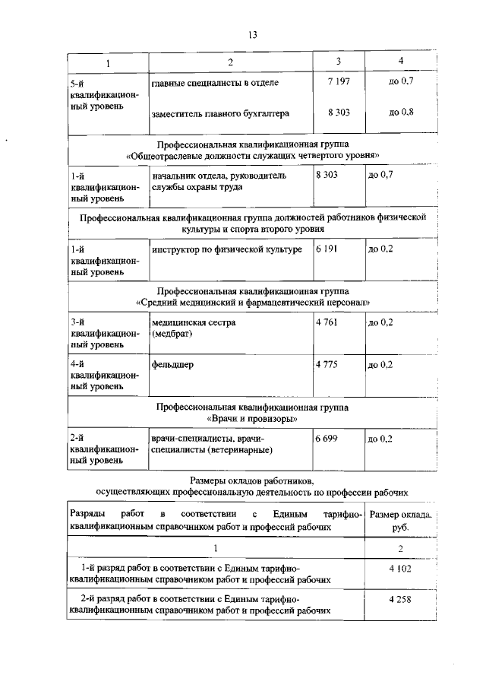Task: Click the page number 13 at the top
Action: tap(253, 33)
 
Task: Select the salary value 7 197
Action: tap(338, 81)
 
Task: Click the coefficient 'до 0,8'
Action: tap(401, 113)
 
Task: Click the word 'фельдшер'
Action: tap(172, 365)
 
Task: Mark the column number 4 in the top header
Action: tap(400, 61)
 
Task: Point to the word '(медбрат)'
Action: tap(171, 334)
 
